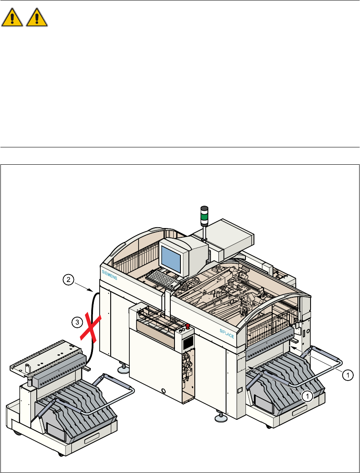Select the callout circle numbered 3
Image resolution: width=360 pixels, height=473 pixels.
(76, 323)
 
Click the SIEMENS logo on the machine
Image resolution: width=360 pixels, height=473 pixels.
(109, 275)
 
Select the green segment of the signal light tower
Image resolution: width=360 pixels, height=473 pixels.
(204, 218)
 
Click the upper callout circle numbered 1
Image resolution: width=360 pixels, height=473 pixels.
(347, 374)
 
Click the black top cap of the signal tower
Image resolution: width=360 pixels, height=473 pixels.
(204, 209)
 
